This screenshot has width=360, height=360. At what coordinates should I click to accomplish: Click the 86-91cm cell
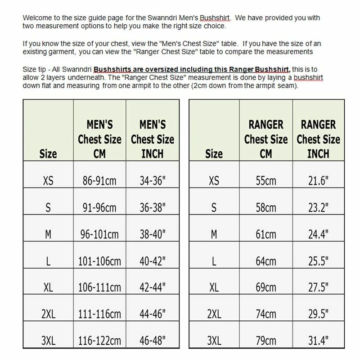click(x=99, y=180)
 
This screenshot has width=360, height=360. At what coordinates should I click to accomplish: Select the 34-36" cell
click(x=153, y=180)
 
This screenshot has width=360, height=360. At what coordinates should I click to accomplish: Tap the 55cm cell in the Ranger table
click(x=265, y=180)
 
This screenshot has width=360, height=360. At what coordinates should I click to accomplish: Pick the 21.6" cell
click(x=319, y=180)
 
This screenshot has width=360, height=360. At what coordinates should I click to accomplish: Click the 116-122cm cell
click(x=99, y=340)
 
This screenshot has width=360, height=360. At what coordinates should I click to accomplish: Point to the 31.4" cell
click(x=319, y=340)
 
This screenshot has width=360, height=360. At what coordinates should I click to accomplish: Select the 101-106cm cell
click(x=99, y=261)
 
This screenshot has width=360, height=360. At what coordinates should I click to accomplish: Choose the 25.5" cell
click(x=319, y=261)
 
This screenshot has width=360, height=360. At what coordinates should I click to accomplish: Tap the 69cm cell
click(x=265, y=287)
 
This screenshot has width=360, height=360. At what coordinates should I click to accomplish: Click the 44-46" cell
click(x=153, y=314)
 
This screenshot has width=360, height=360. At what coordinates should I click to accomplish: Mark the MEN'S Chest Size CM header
click(x=99, y=139)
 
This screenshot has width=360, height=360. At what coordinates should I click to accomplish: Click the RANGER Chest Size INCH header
click(x=319, y=139)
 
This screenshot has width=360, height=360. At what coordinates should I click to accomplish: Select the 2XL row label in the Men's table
click(x=48, y=314)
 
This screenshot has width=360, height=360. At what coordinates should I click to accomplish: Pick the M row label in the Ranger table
click(x=214, y=234)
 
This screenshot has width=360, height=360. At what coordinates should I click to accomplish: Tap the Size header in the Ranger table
click(x=214, y=153)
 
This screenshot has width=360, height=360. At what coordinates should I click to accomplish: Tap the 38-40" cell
click(x=153, y=234)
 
